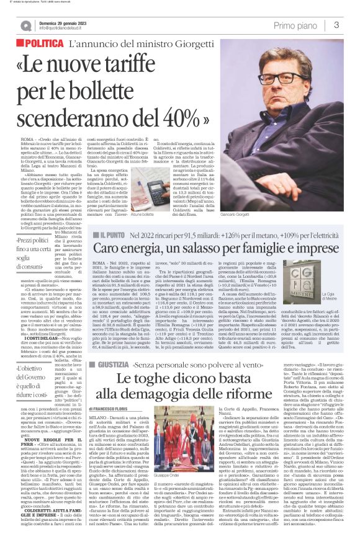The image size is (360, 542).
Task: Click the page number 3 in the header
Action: click(336, 25)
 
